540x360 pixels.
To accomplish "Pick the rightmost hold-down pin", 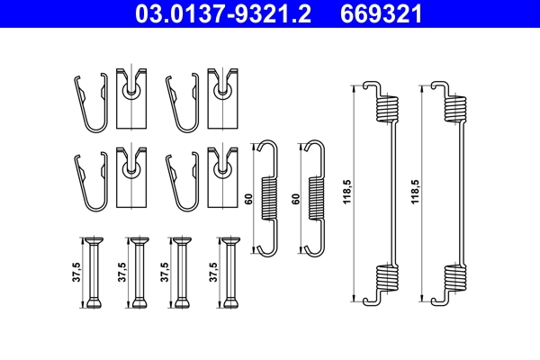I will click(x=231, y=273).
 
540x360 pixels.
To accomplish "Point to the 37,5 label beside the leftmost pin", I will click(x=76, y=273).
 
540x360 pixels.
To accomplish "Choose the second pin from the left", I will click(x=139, y=273).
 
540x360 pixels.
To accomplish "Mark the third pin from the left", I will click(x=182, y=273).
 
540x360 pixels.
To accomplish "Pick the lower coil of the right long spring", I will click(x=455, y=280).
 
